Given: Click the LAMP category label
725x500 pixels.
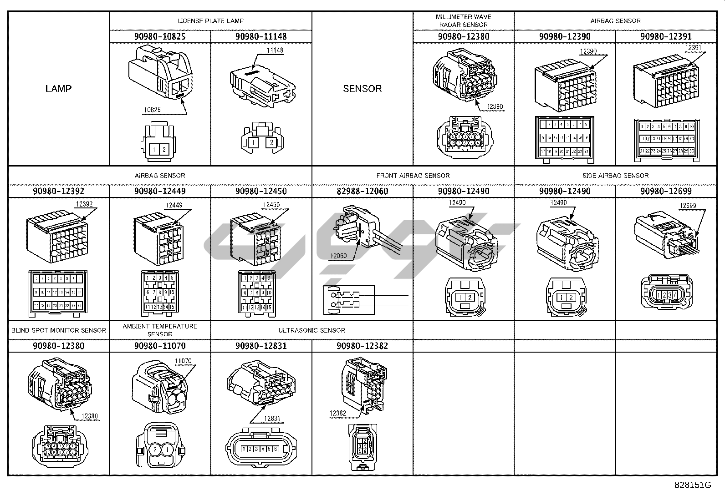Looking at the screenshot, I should coord(58,88).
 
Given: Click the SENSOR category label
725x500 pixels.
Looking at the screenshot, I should coord(362,88).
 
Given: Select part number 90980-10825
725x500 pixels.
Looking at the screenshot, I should coord(160,36).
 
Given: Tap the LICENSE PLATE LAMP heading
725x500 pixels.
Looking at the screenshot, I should coord(210,21).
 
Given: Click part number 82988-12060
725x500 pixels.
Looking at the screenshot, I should coord(362,191).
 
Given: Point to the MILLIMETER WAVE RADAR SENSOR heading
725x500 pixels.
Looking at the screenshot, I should coord(463,21).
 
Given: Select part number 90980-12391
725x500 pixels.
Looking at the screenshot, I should coord(666,36).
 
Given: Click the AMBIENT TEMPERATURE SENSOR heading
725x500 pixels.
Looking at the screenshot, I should coord(160,330).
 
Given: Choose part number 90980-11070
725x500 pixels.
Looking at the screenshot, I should coord(160,346).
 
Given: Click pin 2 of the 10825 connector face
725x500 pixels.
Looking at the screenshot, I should coord(164,150).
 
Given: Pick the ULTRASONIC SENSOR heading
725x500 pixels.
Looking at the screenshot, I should coord(311,330).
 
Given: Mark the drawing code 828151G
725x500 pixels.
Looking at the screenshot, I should coord(693,485).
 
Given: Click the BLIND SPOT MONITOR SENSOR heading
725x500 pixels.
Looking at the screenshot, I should coord(59,330).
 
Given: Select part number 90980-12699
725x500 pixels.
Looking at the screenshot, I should coord(666,191).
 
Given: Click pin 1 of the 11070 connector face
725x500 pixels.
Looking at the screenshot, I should coord(167,449).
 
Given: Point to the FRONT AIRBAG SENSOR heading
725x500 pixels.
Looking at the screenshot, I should coord(413,176).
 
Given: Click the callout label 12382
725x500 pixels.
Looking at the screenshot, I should coord(338,413).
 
